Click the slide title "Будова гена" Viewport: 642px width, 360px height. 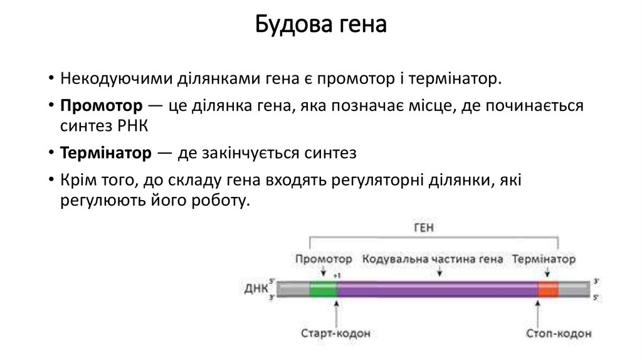click(x=320, y=26)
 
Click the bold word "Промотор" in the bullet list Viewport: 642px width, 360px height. click(x=96, y=105)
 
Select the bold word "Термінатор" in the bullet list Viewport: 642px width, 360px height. click(x=106, y=152)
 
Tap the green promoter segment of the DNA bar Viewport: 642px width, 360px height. click(x=323, y=289)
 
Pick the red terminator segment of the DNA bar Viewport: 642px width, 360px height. click(x=547, y=289)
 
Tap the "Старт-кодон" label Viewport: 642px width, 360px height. click(x=337, y=332)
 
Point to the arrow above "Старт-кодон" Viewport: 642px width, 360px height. click(x=337, y=310)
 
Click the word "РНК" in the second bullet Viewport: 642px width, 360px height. click(x=132, y=124)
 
